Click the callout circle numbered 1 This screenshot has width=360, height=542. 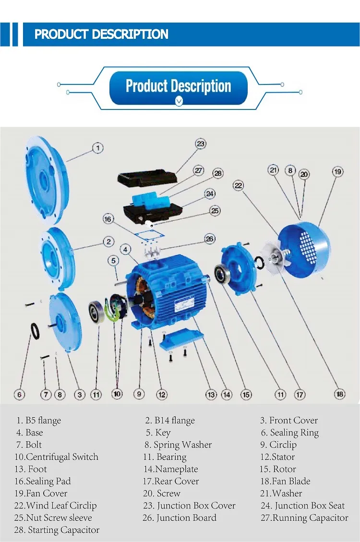point(97,147)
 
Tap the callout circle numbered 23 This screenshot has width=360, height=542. point(201,144)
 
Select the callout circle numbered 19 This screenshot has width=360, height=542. point(337,171)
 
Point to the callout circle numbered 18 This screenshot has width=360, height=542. point(340,394)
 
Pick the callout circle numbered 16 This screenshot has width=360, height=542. point(108,219)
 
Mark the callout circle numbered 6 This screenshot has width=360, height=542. point(20,395)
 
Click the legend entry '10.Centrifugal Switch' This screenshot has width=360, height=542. point(56,457)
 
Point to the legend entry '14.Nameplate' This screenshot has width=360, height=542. point(170,469)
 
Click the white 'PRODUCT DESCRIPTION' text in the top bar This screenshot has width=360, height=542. point(101,35)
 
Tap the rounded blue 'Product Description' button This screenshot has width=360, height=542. point(179,86)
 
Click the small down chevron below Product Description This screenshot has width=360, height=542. point(179,101)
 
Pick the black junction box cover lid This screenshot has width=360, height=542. point(147,179)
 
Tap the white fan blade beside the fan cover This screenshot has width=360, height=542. point(272,259)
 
